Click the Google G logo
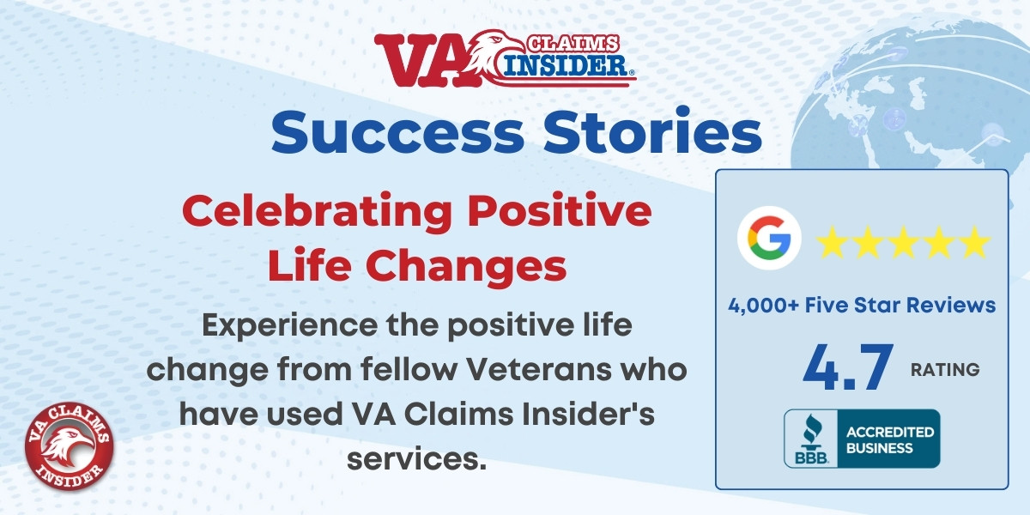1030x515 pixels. click(x=769, y=239)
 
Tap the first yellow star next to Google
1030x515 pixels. click(x=833, y=242)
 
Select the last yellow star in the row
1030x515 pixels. click(x=974, y=242)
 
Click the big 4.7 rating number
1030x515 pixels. click(x=848, y=367)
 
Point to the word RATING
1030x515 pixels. click(x=945, y=370)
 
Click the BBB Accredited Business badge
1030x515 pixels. click(x=862, y=439)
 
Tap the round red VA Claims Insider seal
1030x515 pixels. click(x=70, y=446)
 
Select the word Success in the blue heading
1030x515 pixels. click(x=397, y=132)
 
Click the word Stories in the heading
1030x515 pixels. click(x=653, y=130)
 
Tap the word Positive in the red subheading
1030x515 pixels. click(x=559, y=210)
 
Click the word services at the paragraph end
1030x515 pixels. click(x=416, y=458)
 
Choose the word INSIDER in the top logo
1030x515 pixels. click(x=565, y=65)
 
